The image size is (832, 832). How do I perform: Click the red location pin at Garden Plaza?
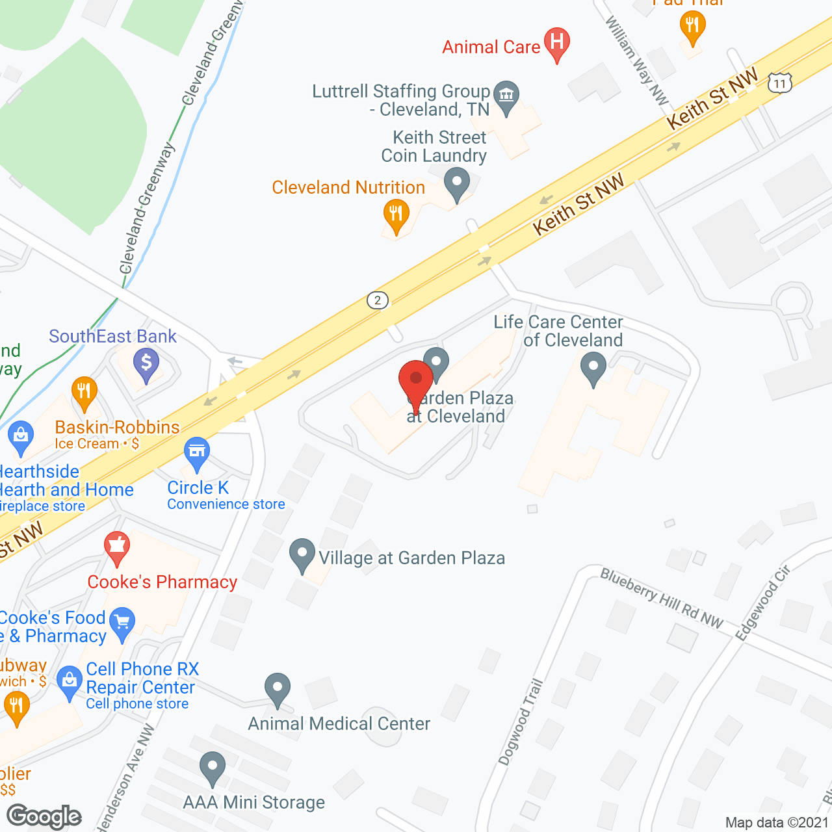click(x=416, y=381)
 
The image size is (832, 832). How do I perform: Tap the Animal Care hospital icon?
click(x=556, y=43)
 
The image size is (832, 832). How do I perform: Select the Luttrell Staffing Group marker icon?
click(x=506, y=96)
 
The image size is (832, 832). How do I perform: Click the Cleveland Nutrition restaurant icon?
click(x=395, y=214)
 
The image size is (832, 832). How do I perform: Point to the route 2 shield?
click(x=378, y=300)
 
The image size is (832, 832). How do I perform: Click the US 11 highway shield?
click(x=780, y=83)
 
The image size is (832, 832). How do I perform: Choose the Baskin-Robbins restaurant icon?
click(x=84, y=391)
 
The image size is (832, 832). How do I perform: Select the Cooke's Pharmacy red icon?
click(x=117, y=547)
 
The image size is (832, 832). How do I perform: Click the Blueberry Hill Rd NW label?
click(x=661, y=598)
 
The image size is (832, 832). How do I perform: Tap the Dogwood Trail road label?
click(x=521, y=721)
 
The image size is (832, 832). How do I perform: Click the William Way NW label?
click(x=636, y=60)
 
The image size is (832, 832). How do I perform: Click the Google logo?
click(x=44, y=816)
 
